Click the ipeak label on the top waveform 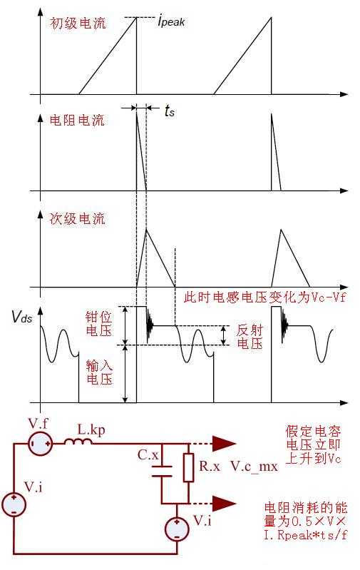pos(172,21)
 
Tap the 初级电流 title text pos(78,24)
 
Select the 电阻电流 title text pos(77,120)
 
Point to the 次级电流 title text pos(78,219)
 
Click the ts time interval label pos(170,110)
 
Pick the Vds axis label pos(22,317)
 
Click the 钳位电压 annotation pos(98,324)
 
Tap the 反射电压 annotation pos(250,337)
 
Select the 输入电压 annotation pos(99,372)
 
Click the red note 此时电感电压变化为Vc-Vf pos(264,297)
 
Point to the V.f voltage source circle pos(41,443)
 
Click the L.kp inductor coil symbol pos(78,442)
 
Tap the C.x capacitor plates pos(162,471)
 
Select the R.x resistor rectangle pos(188,467)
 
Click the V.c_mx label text pos(254,467)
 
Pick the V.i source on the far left pos(14,504)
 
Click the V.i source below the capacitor pos(177,529)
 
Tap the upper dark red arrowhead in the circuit pos(224,443)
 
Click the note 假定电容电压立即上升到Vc pos(313,444)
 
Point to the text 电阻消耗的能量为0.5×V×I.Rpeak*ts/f pos(306,521)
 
